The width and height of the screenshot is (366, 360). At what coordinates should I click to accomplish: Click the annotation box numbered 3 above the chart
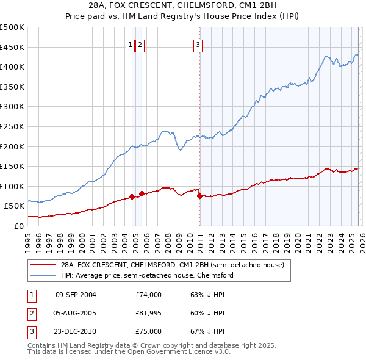(x=199, y=44)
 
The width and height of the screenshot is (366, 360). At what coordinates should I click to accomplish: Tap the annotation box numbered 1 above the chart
(x=131, y=44)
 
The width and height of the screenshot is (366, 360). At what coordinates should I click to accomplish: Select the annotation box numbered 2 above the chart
(x=140, y=44)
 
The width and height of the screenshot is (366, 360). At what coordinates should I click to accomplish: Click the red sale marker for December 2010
(x=199, y=196)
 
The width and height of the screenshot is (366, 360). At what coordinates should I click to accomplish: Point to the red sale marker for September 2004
(x=132, y=196)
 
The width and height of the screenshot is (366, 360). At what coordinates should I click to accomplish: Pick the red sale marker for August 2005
(x=142, y=193)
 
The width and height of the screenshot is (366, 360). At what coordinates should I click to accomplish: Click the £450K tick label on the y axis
(x=12, y=47)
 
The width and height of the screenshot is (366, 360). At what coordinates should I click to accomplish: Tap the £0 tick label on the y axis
(x=18, y=226)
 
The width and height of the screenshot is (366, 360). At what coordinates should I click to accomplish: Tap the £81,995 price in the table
(x=149, y=314)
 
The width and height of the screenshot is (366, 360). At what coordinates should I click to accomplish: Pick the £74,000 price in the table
(x=149, y=295)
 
